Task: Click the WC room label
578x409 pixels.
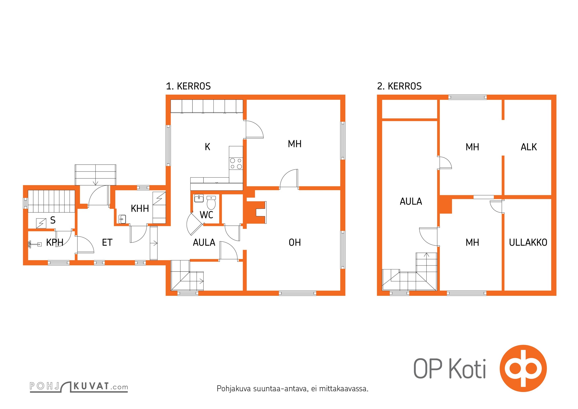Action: tap(206, 215)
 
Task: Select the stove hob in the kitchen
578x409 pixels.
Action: tap(236, 164)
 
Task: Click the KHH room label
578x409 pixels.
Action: tap(140, 209)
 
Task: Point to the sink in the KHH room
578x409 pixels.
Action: tap(122, 219)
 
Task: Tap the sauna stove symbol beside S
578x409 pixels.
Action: tap(41, 223)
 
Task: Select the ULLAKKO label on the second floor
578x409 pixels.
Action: tap(528, 242)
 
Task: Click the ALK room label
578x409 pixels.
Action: tap(529, 147)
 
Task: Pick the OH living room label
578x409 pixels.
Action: tap(295, 242)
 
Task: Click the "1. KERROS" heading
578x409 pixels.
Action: tap(188, 86)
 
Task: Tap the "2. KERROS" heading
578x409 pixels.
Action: tap(399, 86)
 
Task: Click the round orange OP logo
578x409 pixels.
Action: tap(523, 368)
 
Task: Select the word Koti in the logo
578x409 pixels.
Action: tap(467, 369)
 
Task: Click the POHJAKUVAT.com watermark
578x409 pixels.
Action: tap(79, 387)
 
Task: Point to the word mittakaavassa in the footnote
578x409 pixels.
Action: tap(344, 389)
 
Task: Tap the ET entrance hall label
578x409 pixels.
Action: tap(107, 242)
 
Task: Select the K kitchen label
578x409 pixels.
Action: tap(207, 147)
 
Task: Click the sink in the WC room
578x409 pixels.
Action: tap(199, 198)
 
